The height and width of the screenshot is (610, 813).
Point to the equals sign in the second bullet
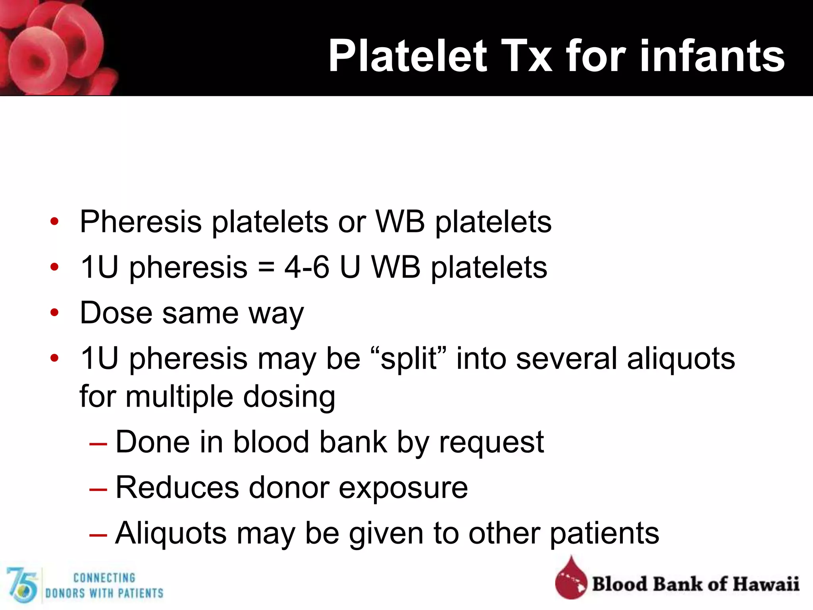click(x=266, y=267)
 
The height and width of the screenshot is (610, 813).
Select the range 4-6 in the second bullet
click(x=306, y=267)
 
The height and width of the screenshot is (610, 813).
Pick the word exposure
click(x=403, y=488)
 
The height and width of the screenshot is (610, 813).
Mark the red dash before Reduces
click(x=98, y=489)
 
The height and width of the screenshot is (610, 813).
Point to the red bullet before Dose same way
click(x=54, y=313)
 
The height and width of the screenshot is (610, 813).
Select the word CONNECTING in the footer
click(x=104, y=578)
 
